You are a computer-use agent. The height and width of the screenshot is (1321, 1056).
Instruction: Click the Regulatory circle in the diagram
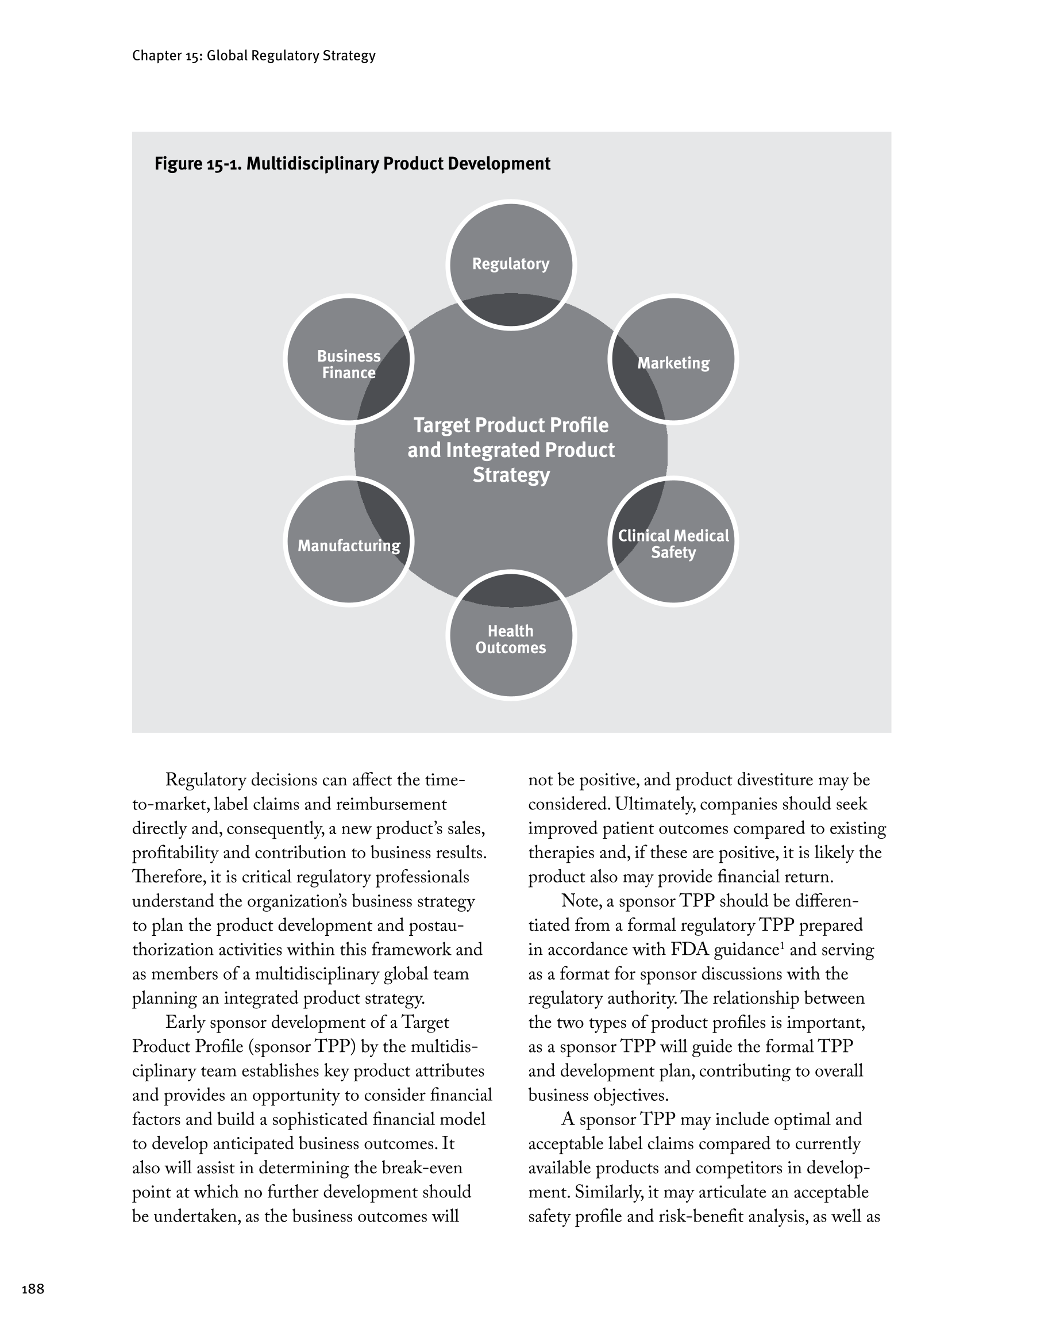click(x=510, y=264)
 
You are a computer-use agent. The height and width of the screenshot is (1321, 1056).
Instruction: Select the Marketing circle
click(x=673, y=363)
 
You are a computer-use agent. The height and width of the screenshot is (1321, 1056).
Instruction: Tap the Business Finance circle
click(x=349, y=364)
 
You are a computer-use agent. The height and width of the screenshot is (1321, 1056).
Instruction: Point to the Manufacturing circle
click(x=349, y=546)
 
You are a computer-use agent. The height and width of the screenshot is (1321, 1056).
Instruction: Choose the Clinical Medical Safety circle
click(x=673, y=544)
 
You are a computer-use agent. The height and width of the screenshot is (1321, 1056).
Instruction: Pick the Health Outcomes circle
click(x=510, y=639)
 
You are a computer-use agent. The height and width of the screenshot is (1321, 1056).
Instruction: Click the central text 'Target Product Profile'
click(x=511, y=425)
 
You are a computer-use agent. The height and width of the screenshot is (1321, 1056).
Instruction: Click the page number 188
click(x=33, y=1289)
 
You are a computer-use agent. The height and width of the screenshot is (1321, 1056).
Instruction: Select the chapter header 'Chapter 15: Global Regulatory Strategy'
click(x=253, y=56)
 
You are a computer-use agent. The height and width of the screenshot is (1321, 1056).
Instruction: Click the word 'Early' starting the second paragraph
click(x=185, y=1023)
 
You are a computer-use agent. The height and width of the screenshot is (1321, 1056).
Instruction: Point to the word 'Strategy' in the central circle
click(x=511, y=475)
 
